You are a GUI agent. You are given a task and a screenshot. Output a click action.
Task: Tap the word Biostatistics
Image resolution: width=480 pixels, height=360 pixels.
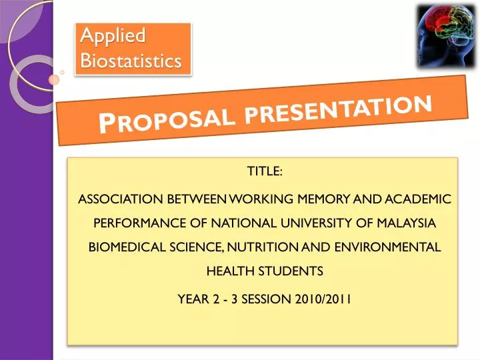tap(131, 61)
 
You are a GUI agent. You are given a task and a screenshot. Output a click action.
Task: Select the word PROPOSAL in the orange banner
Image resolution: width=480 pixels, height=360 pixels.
tap(167, 120)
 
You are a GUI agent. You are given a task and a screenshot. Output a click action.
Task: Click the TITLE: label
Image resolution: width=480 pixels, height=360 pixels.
tap(265, 172)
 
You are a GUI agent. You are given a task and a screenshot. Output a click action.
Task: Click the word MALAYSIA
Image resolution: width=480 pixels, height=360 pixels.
tap(405, 223)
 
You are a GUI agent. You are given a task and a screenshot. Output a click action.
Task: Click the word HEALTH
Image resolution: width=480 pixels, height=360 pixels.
tap(228, 271)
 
